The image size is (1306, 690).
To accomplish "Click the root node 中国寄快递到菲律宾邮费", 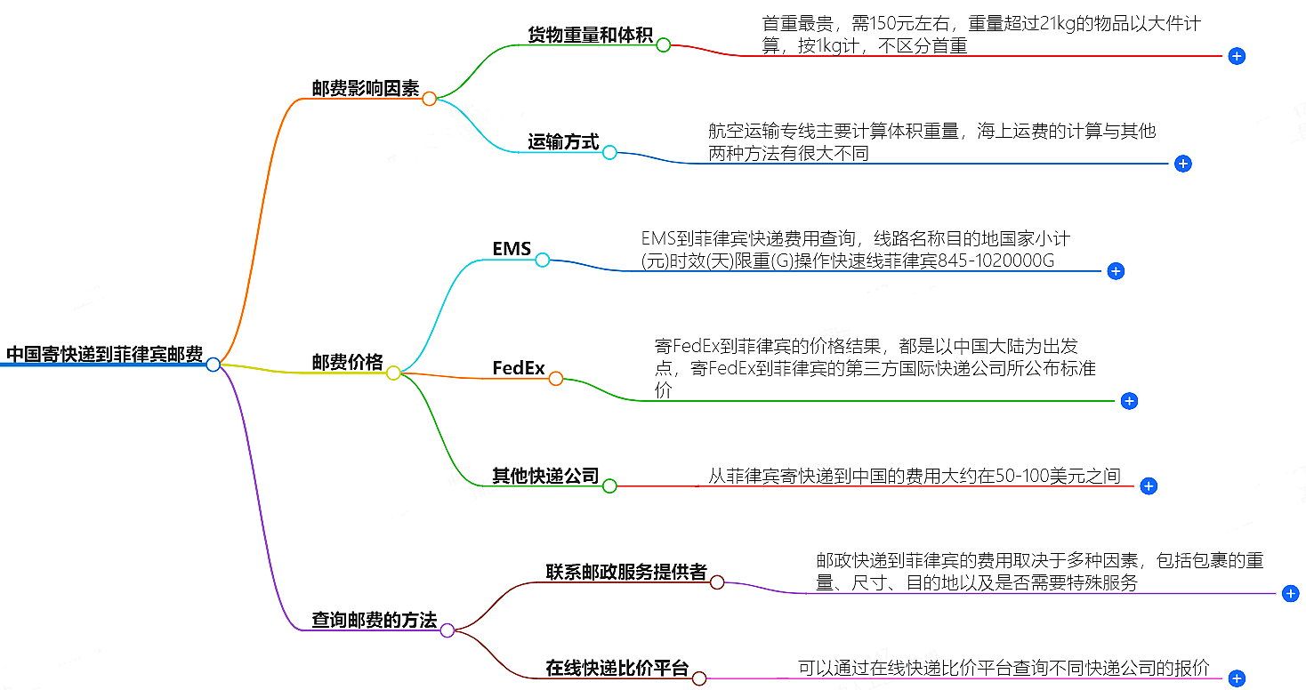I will pyautogui.click(x=104, y=354).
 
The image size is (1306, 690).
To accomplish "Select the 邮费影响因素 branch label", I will pyautogui.click(x=365, y=88).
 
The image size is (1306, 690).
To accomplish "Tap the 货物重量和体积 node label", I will pyautogui.click(x=590, y=35).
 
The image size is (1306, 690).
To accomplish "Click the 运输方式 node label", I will pyautogui.click(x=563, y=141).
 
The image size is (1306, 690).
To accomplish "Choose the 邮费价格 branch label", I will pyautogui.click(x=347, y=362).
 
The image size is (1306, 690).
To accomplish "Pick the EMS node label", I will pyautogui.click(x=512, y=249).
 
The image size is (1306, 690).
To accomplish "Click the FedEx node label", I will pyautogui.click(x=519, y=367).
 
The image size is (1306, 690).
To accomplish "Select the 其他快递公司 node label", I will pyautogui.click(x=545, y=476).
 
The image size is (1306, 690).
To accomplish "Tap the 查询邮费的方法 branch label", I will pyautogui.click(x=374, y=620).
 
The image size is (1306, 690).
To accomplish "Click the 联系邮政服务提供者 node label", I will pyautogui.click(x=626, y=572).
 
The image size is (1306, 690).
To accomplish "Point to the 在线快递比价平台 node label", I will pyautogui.click(x=617, y=668).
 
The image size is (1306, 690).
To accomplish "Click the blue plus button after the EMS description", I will pyautogui.click(x=1116, y=271).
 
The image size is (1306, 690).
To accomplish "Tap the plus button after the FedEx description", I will pyautogui.click(x=1129, y=401).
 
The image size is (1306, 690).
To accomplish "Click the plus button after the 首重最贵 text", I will pyautogui.click(x=1236, y=56).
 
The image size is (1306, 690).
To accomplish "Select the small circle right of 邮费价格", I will pyautogui.click(x=393, y=373).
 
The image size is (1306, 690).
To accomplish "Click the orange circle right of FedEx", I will pyautogui.click(x=556, y=379).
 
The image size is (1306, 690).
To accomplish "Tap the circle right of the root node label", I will pyautogui.click(x=213, y=365).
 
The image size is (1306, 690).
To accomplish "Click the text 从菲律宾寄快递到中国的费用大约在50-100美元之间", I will pyautogui.click(x=914, y=476).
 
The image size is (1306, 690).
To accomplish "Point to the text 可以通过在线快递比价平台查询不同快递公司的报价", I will pyautogui.click(x=1004, y=668).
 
